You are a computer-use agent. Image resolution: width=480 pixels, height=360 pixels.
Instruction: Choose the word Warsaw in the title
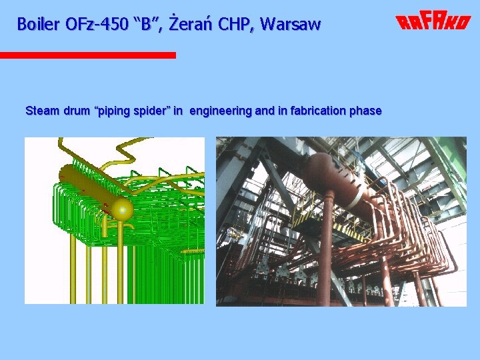291,25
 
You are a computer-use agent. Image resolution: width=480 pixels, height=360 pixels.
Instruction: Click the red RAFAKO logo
433,23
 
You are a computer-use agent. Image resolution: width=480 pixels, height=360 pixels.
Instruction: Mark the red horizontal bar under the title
87,55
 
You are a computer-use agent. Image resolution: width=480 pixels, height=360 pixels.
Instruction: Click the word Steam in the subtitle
41,111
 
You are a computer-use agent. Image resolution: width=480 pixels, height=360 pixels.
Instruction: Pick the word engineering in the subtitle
221,111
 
